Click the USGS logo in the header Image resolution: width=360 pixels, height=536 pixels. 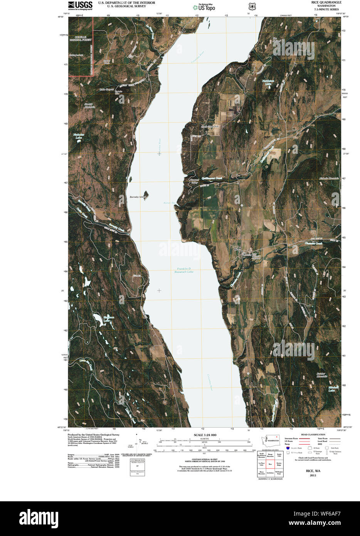tap(80, 5)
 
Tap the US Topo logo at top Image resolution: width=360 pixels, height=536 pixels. tap(204, 7)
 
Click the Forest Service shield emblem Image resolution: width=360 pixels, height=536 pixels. tap(252, 7)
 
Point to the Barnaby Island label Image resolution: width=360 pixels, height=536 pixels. tap(137, 197)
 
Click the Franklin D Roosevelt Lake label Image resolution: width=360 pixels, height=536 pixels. tap(185, 270)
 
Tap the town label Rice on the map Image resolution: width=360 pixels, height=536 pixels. tap(237, 249)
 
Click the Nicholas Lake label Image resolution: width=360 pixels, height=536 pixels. tap(78, 136)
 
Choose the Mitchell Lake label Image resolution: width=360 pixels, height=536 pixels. tap(333, 389)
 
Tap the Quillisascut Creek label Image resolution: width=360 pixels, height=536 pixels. tap(211, 178)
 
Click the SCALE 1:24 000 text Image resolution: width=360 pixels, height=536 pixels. tap(202, 435)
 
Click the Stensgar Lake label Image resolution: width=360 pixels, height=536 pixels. tap(107, 319)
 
